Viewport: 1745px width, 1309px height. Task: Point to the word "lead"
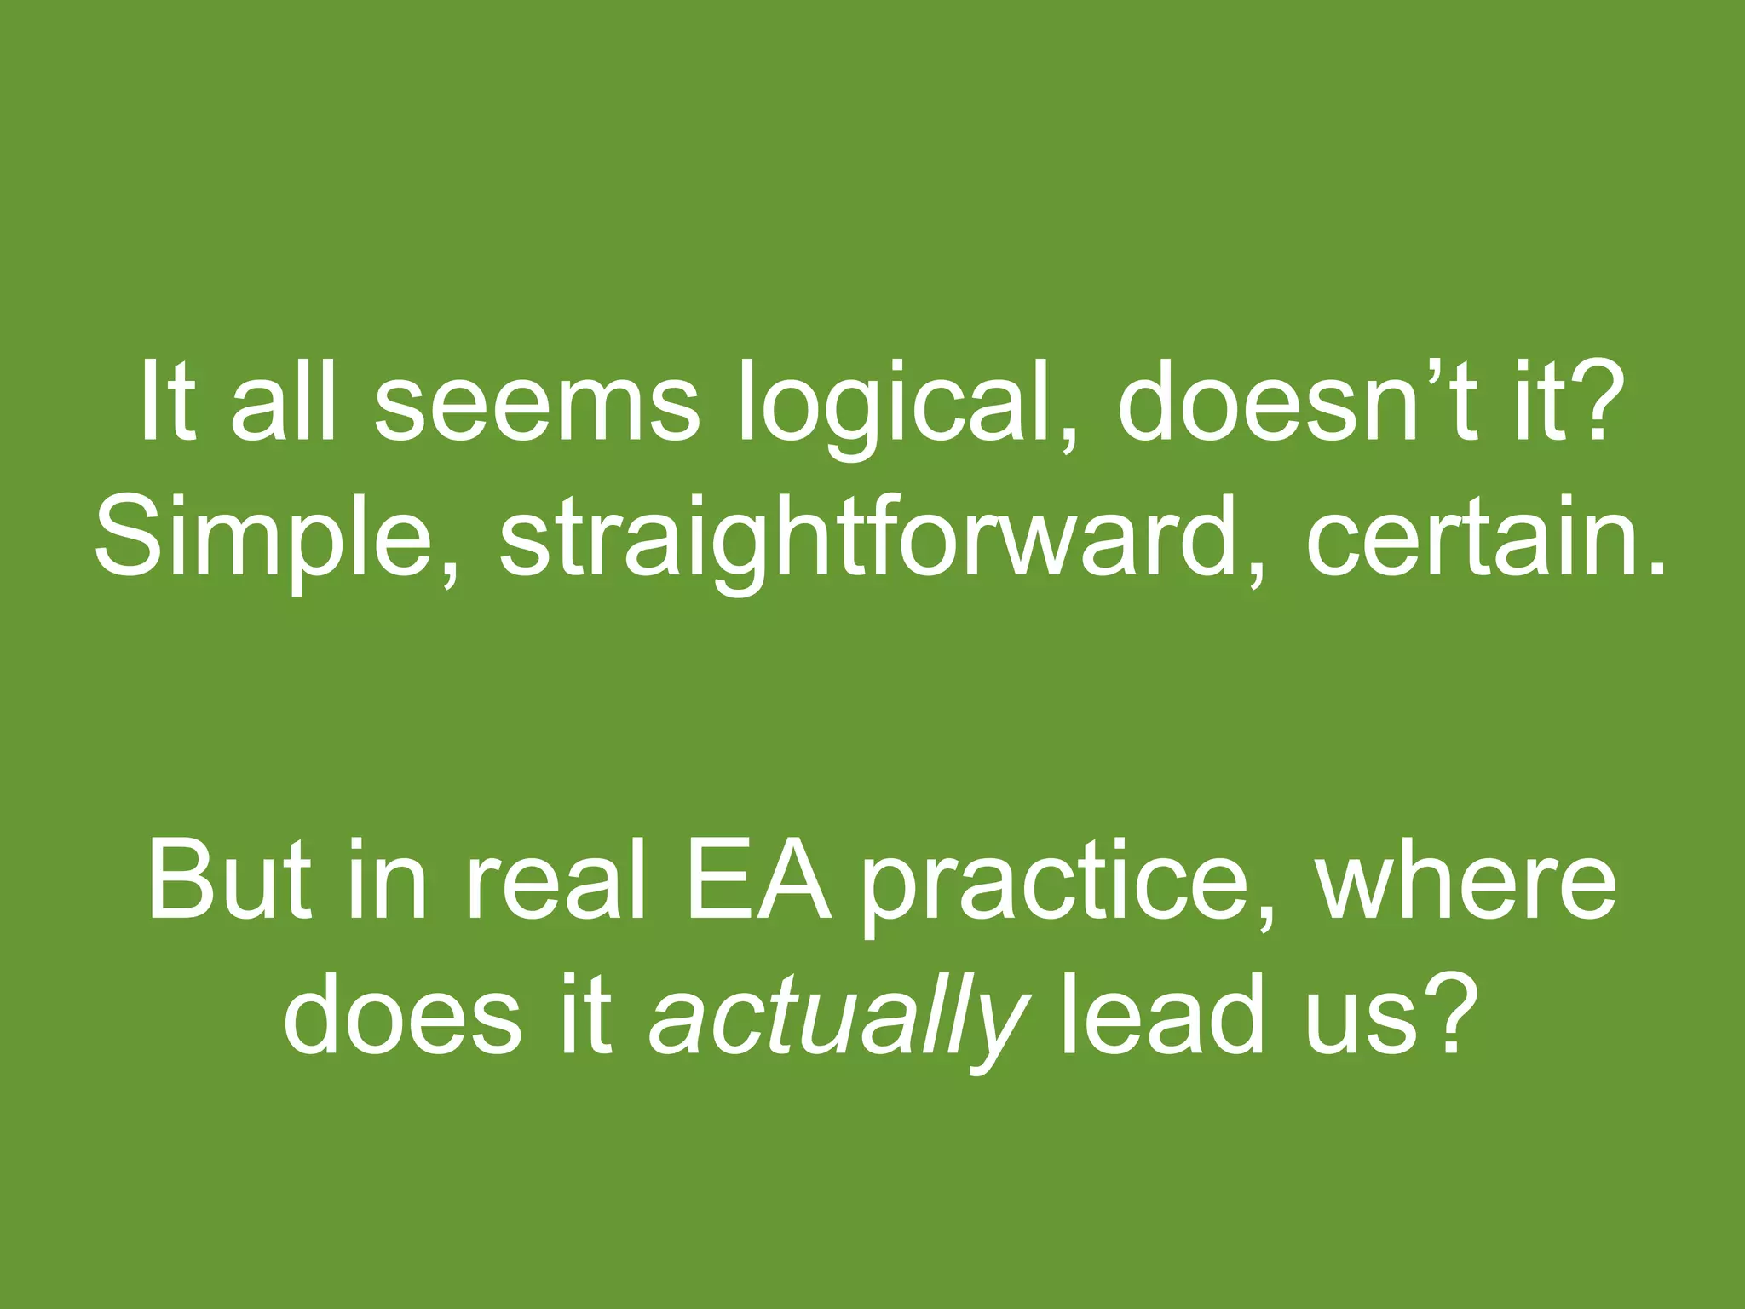click(1160, 1014)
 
